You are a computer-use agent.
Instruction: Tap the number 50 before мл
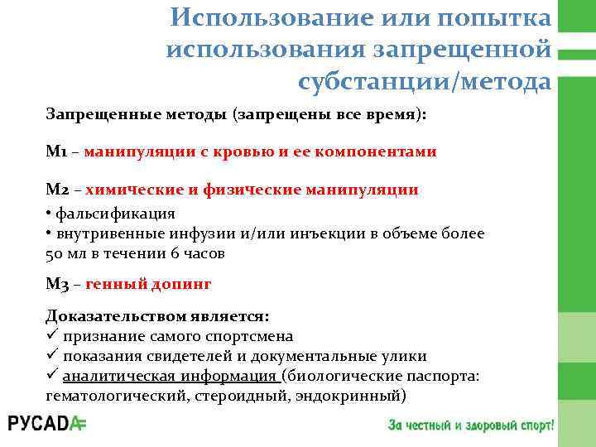point(55,253)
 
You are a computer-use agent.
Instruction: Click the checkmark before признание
point(51,336)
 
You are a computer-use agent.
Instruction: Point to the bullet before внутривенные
point(49,233)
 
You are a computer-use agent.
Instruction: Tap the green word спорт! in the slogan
point(533,425)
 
